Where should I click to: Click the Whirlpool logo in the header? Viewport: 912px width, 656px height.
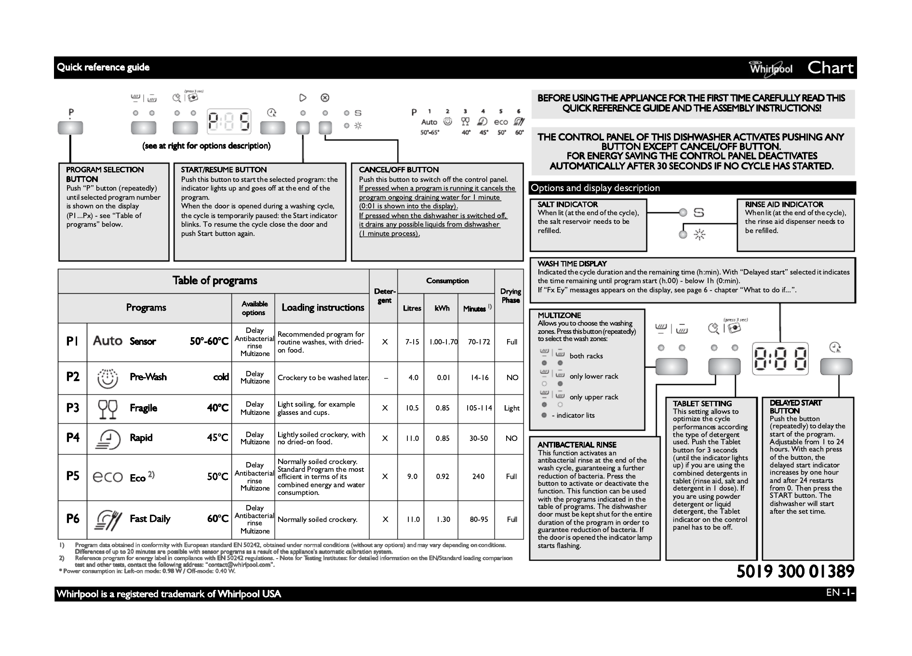click(x=770, y=68)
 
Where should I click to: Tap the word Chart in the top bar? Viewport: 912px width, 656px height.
click(x=830, y=68)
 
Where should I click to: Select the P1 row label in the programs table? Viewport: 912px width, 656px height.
click(x=72, y=342)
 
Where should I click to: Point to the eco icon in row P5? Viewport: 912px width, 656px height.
click(x=107, y=477)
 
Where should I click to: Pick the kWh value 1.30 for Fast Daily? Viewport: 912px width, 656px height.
click(x=443, y=519)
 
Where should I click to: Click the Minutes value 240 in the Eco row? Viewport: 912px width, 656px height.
click(x=478, y=477)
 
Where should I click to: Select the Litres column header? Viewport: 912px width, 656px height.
click(x=412, y=308)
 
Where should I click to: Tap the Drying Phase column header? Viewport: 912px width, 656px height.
click(x=510, y=296)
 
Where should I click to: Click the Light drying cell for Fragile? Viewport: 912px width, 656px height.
click(x=511, y=408)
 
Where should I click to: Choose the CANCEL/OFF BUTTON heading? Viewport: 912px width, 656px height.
click(x=399, y=170)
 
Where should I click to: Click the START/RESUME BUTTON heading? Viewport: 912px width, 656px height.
click(x=224, y=170)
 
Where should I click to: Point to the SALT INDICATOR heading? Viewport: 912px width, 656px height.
click(x=567, y=205)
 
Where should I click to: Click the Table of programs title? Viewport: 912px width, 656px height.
click(x=215, y=281)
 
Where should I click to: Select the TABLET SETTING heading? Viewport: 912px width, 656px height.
click(x=702, y=404)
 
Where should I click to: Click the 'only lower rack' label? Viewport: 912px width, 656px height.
click(x=593, y=376)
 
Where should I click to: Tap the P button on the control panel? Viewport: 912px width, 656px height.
click(x=70, y=128)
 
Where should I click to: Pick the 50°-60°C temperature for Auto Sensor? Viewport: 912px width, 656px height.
click(x=209, y=342)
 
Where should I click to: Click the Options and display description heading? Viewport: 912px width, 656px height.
click(x=595, y=188)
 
